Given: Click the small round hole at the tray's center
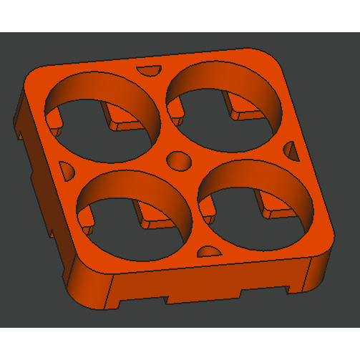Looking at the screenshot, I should pyautogui.click(x=178, y=161).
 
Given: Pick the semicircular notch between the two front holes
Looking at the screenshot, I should pyautogui.click(x=209, y=251).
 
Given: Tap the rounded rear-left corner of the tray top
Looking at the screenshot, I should pyautogui.click(x=36, y=75).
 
